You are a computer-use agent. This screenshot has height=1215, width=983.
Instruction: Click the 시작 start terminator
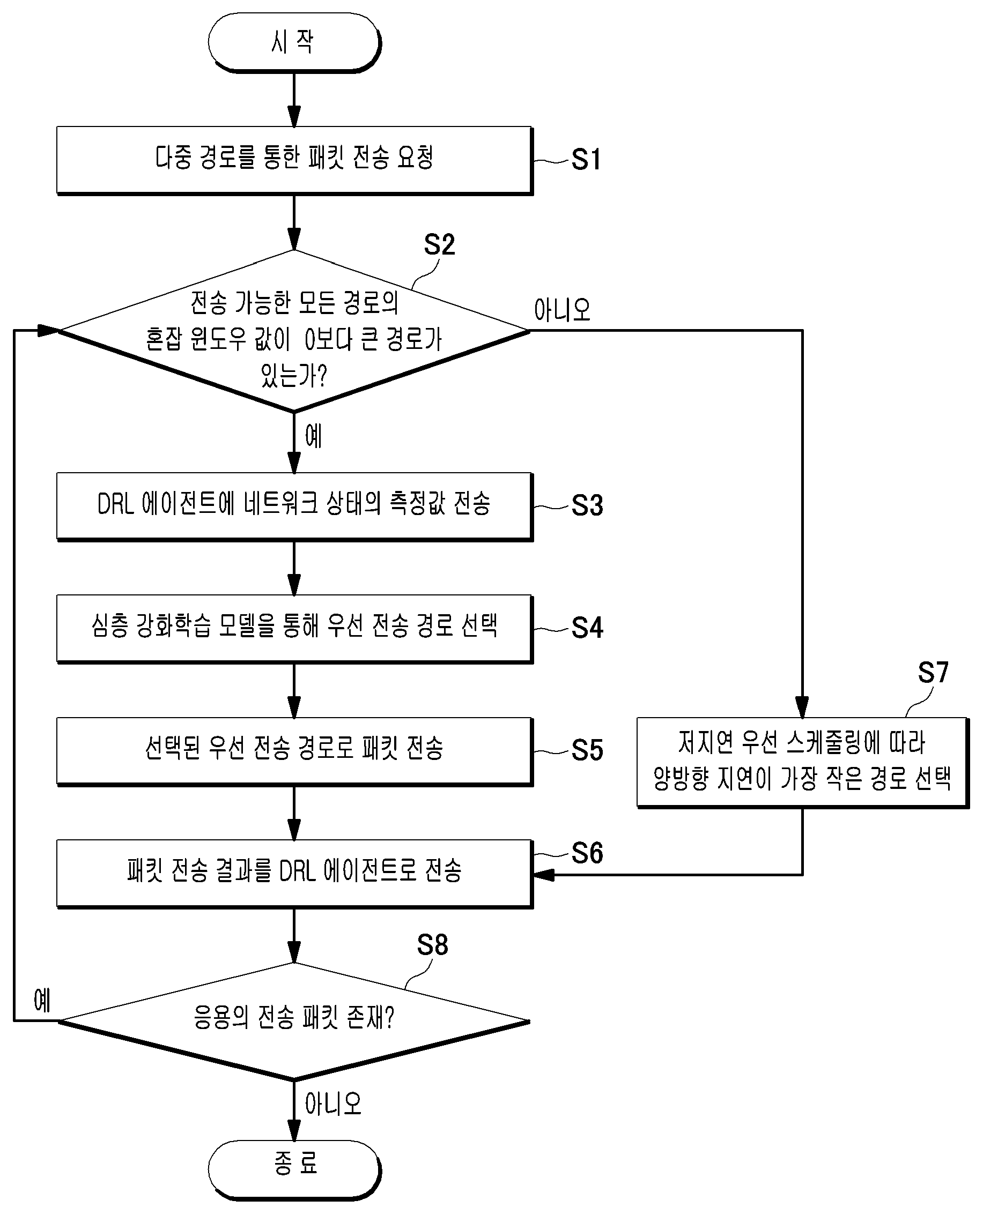tap(294, 42)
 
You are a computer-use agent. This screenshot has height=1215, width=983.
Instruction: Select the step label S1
tap(586, 160)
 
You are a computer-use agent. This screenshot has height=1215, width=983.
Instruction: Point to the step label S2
tap(439, 244)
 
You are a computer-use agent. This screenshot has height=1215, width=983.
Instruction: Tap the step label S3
tap(587, 505)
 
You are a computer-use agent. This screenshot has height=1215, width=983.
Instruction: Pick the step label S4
tap(587, 628)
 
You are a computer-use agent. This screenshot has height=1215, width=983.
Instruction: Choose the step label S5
tap(587, 750)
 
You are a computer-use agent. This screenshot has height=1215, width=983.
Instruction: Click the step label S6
tap(587, 853)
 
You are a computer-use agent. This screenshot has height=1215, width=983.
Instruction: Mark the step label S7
tap(933, 672)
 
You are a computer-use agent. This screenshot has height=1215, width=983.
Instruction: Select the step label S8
tap(433, 944)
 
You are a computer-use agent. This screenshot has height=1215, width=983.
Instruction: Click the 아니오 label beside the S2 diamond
tap(562, 310)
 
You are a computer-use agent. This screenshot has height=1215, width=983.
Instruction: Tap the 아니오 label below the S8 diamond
tap(334, 1104)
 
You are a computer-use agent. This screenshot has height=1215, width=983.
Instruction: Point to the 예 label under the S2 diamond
tap(314, 436)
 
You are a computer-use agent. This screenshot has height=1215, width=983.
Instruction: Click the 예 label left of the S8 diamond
tap(42, 1000)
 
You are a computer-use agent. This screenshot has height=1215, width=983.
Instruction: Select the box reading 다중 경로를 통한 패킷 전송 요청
tap(294, 161)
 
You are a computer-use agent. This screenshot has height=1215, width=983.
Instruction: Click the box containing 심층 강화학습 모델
tap(294, 629)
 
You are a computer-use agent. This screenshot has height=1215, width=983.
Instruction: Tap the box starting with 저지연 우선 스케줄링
tap(803, 763)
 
